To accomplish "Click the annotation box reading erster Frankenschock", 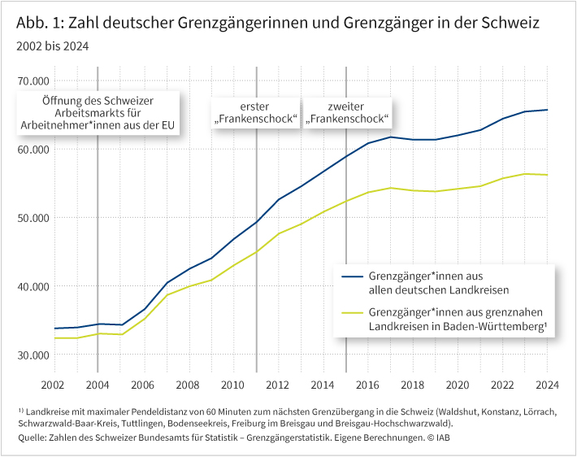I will (x=256, y=114).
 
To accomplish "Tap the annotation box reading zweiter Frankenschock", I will (x=347, y=114).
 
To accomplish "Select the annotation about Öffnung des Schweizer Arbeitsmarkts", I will (x=98, y=114).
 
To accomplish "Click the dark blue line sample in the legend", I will (x=351, y=276).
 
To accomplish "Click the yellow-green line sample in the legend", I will (x=351, y=311).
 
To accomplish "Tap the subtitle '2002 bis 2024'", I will (x=52, y=46).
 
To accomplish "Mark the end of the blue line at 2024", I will (x=546, y=110).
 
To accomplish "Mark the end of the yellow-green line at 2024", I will (x=546, y=175).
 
